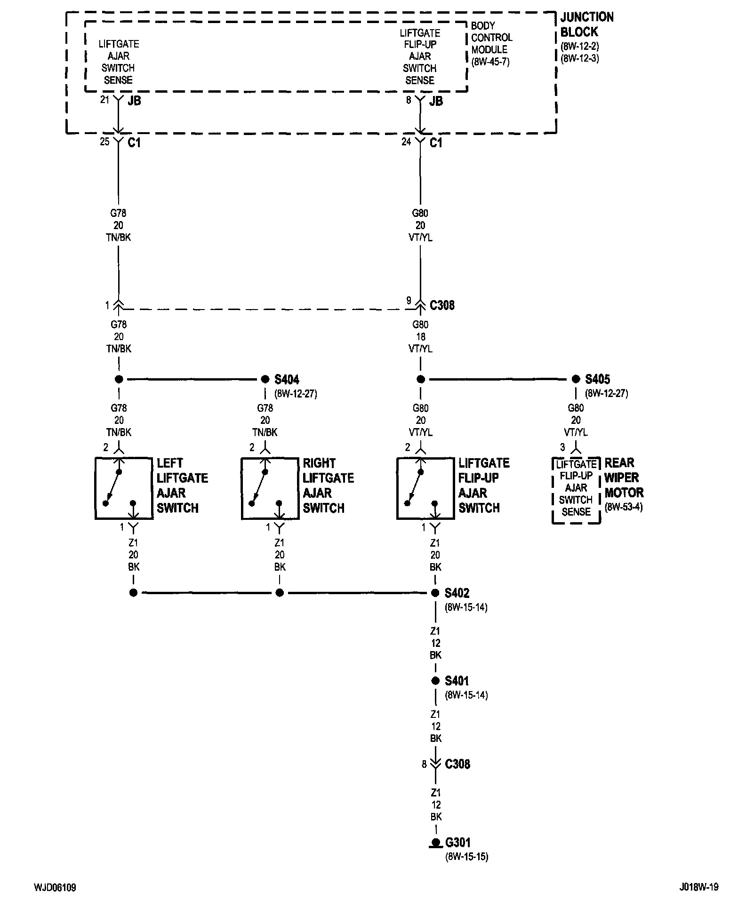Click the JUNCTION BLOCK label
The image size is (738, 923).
point(587,24)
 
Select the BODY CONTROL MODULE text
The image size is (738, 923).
point(491,37)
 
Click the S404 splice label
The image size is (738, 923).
point(287,379)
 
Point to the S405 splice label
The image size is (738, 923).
point(597,379)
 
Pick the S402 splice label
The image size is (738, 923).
point(457,593)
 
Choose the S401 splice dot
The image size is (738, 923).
point(435,681)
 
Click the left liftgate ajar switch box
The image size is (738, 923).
point(124,488)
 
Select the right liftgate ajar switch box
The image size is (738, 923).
point(270,488)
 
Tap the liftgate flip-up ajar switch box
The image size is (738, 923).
point(425,488)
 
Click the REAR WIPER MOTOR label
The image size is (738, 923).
point(624,477)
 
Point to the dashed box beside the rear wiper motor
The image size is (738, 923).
point(576,490)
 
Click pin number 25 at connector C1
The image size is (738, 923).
point(104,141)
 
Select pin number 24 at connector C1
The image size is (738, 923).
point(406,141)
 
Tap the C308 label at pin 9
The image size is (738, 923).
point(442,305)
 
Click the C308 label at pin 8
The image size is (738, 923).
point(457,764)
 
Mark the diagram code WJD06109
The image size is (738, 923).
point(55,887)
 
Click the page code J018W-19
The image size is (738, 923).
point(698,887)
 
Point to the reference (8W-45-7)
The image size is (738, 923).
point(490,62)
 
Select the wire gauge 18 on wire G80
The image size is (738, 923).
point(420,337)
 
